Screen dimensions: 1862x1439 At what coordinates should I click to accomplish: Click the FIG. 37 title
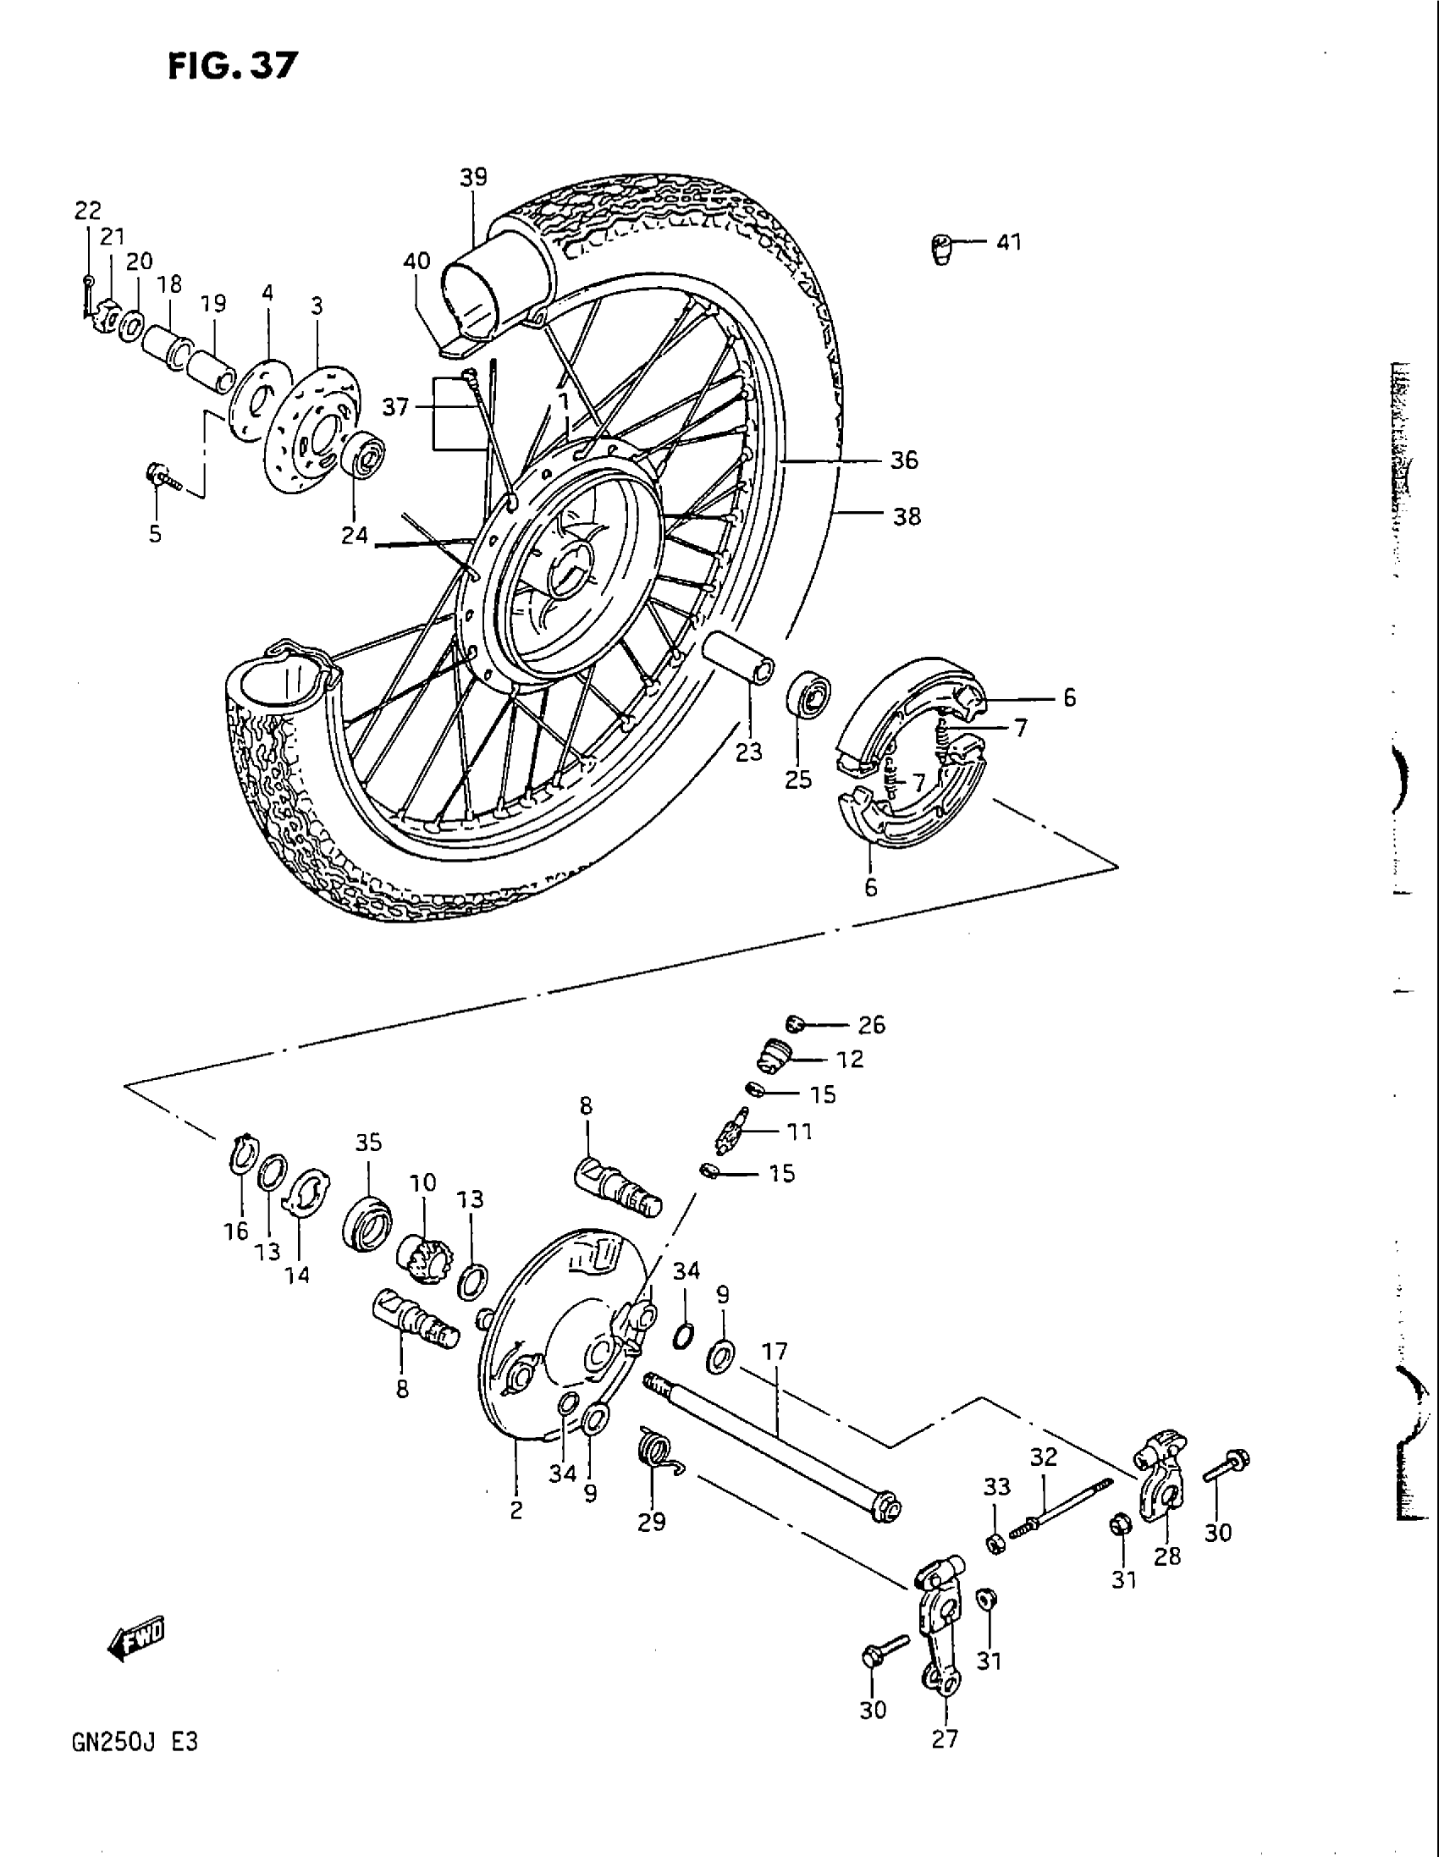[233, 66]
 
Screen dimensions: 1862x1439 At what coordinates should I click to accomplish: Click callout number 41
[1008, 243]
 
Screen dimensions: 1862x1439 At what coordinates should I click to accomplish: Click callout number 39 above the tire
[473, 178]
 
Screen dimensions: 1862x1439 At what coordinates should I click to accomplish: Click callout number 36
[905, 460]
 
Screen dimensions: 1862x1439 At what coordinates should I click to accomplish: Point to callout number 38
[907, 515]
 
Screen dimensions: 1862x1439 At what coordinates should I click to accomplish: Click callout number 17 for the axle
[775, 1352]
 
